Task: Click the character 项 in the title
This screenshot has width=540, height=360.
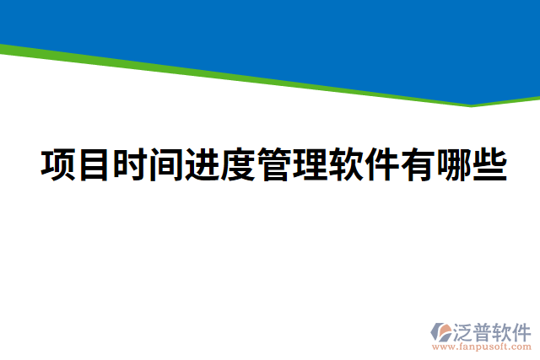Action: (58, 164)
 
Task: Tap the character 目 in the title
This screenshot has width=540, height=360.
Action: (94, 164)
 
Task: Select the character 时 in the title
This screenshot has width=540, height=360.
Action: (131, 164)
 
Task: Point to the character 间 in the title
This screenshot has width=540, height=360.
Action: (166, 164)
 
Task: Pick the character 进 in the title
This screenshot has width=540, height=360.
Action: (202, 164)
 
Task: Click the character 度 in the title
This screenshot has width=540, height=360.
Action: (239, 164)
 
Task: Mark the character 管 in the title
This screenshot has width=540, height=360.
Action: (274, 164)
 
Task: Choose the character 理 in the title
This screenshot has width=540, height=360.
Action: (310, 164)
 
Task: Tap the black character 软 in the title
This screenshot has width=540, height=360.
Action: (346, 164)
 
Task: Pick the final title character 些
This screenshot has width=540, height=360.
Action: (489, 164)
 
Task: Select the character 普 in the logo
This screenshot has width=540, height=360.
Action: (486, 330)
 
